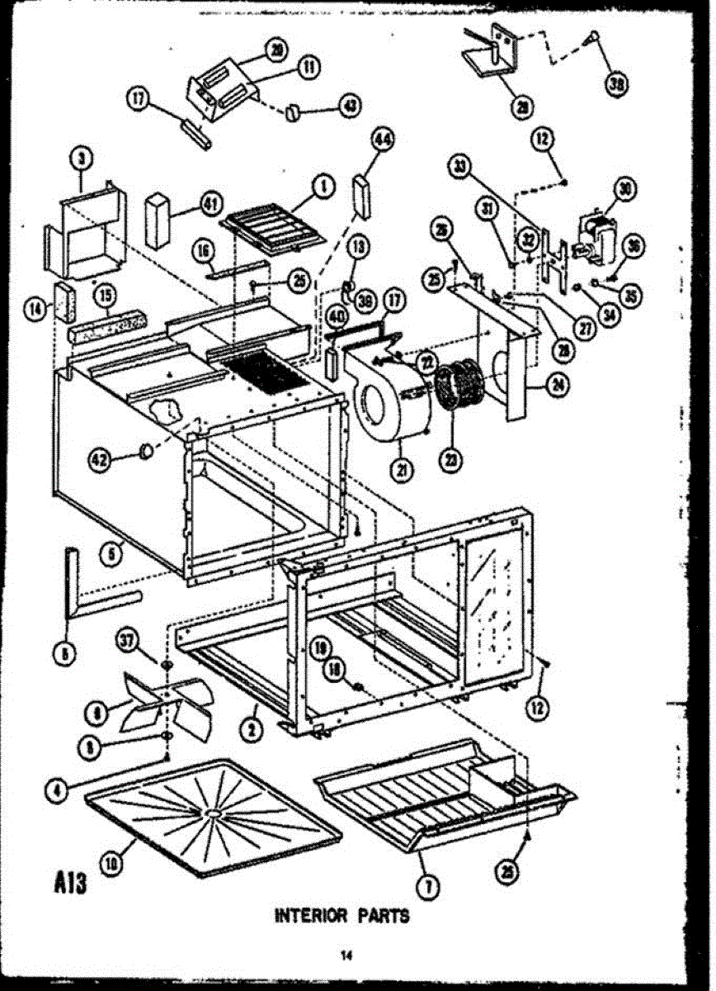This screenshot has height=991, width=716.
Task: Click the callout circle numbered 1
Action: pyautogui.click(x=323, y=188)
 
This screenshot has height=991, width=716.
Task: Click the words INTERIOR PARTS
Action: pyautogui.click(x=341, y=915)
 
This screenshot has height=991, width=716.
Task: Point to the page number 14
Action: pyautogui.click(x=347, y=956)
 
